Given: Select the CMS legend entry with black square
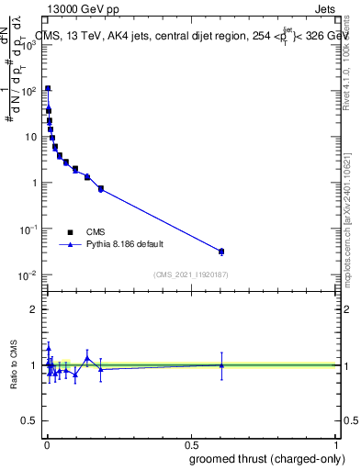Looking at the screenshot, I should [96, 232].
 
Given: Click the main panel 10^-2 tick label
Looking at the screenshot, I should [28, 274].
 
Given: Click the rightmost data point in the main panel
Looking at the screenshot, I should [220, 251].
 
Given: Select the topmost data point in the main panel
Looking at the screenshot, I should [48, 89].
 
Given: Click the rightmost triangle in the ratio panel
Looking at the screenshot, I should [220, 365].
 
